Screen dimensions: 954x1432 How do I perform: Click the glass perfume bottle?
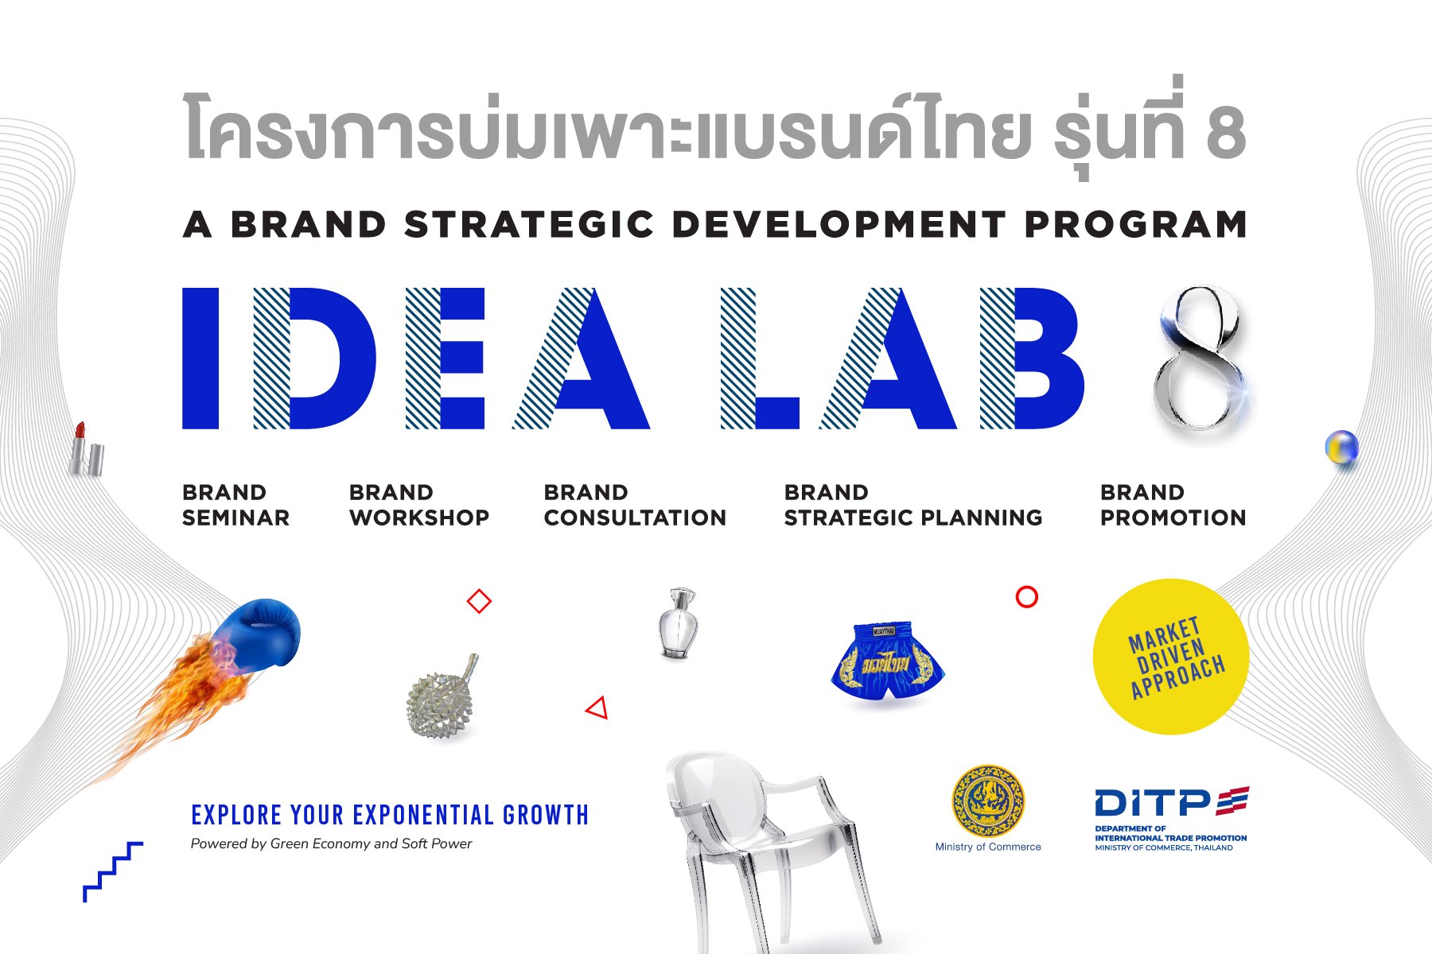pyautogui.click(x=679, y=624)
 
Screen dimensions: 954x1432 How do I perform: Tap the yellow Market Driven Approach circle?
pyautogui.click(x=1170, y=657)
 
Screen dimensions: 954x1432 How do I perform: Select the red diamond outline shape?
pyautogui.click(x=479, y=601)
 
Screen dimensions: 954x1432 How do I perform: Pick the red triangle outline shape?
pyautogui.click(x=598, y=708)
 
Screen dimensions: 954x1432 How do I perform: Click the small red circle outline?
pyautogui.click(x=1027, y=597)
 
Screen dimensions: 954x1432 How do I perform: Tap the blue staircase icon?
pyautogui.click(x=112, y=871)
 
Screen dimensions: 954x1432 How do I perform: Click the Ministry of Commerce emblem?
pyautogui.click(x=988, y=801)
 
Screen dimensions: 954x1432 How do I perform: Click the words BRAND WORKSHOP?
pyautogui.click(x=418, y=506)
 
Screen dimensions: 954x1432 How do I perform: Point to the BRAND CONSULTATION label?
pyautogui.click(x=634, y=506)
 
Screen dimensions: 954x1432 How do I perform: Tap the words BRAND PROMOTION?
pyautogui.click(x=1172, y=506)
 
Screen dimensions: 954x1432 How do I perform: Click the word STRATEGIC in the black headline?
pyautogui.click(x=529, y=225)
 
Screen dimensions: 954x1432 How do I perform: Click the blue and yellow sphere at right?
pyautogui.click(x=1341, y=448)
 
